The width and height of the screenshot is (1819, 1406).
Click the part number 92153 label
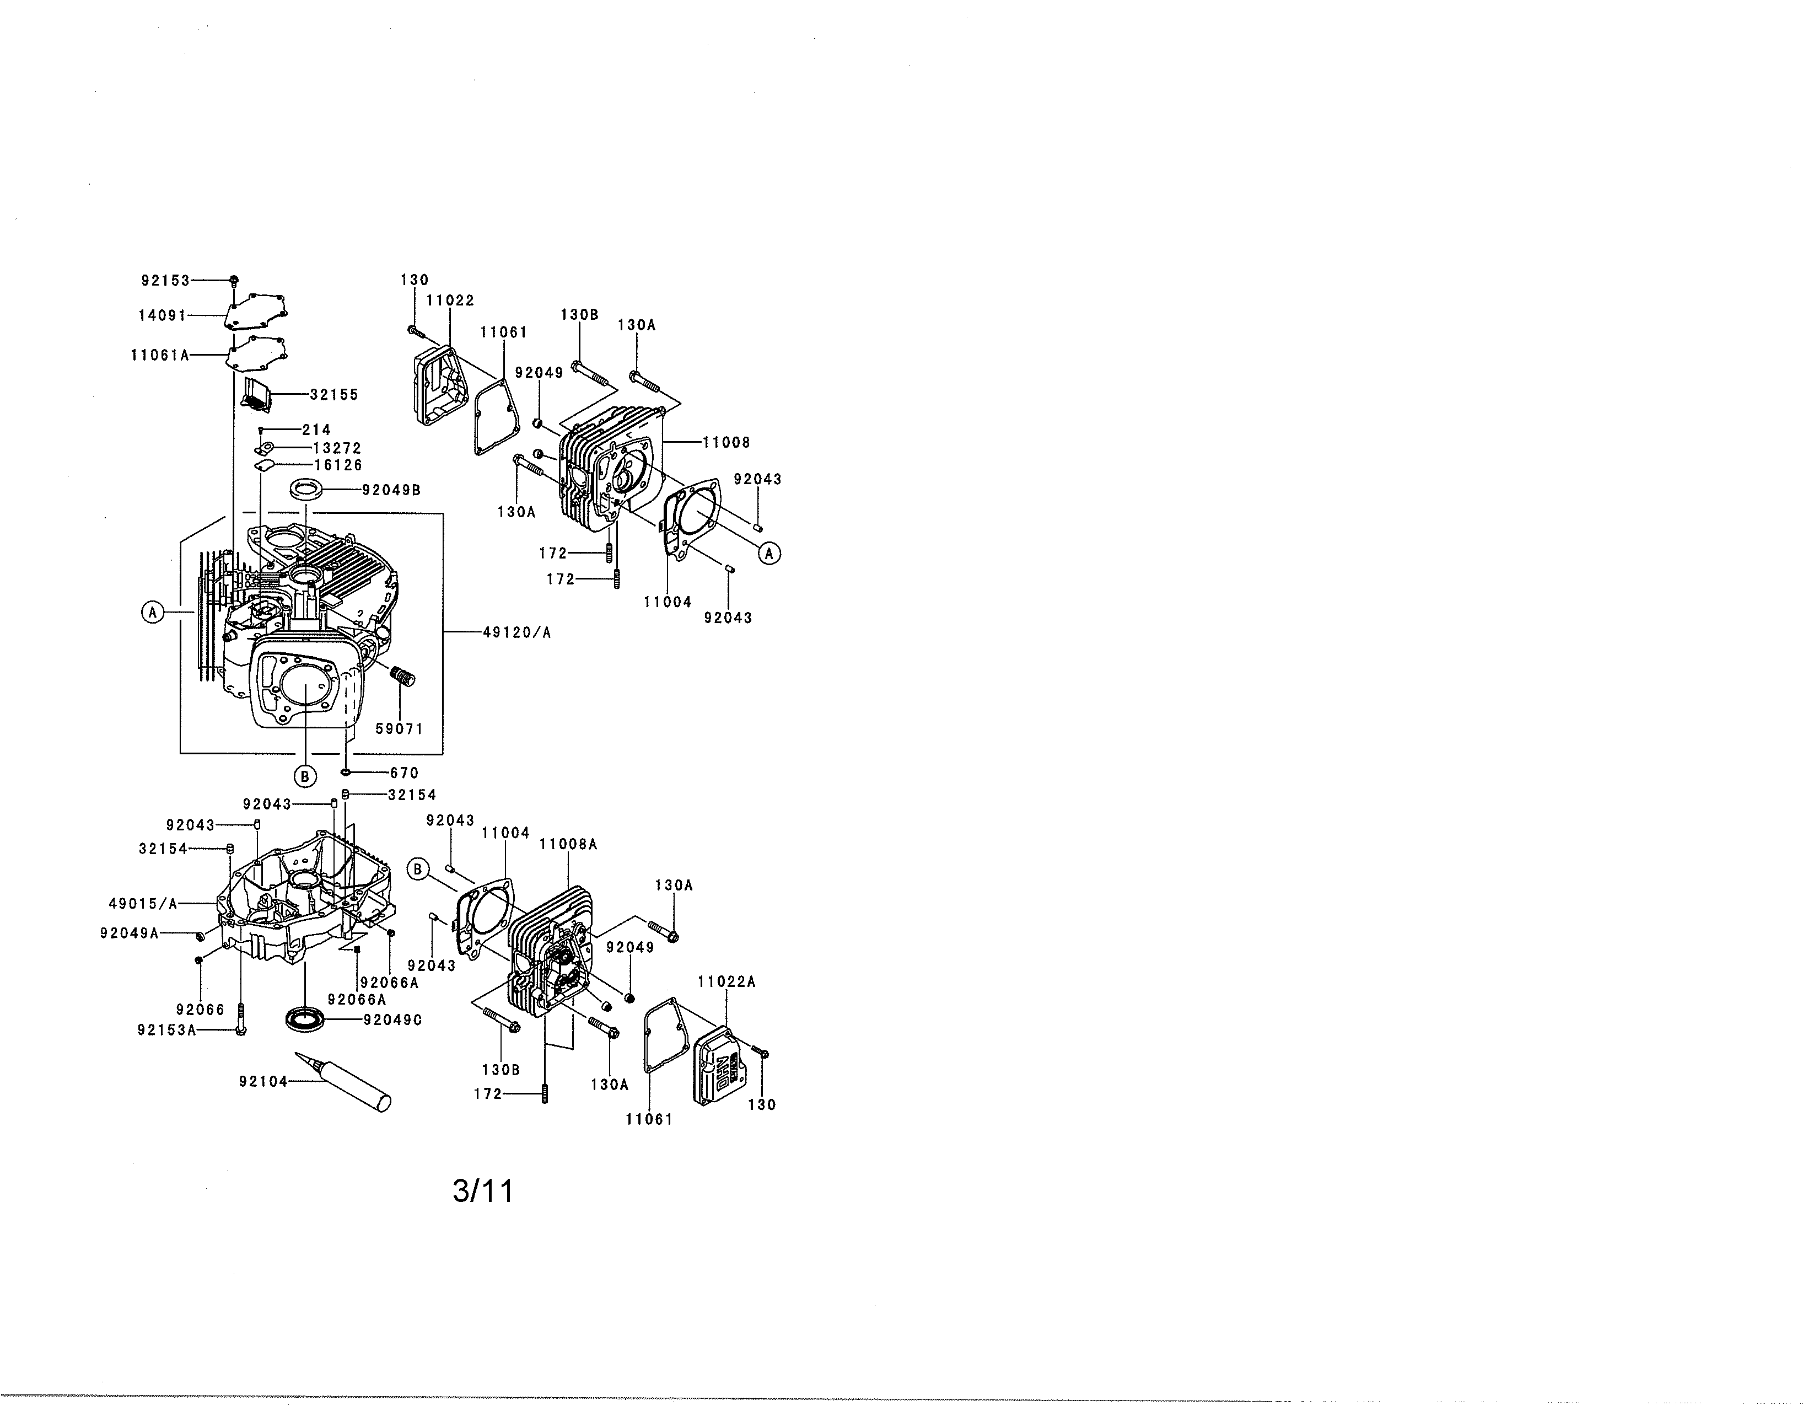(166, 281)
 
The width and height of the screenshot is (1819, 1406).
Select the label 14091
(163, 316)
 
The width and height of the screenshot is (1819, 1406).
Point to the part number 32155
(334, 395)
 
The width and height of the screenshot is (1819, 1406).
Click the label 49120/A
(517, 633)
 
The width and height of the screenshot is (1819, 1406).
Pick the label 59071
(400, 729)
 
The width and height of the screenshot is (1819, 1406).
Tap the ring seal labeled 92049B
(306, 490)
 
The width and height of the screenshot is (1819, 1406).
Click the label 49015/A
(143, 904)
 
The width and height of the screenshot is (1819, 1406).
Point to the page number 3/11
(483, 1191)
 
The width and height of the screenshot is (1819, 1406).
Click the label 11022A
(726, 982)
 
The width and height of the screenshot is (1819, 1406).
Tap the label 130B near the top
(579, 315)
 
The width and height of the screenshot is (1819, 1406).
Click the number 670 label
(404, 773)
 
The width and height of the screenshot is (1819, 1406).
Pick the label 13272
(337, 448)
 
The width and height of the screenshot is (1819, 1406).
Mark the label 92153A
(166, 1031)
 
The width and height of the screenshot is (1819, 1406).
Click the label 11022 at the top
(450, 300)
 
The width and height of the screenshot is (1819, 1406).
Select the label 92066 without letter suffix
(200, 1010)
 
